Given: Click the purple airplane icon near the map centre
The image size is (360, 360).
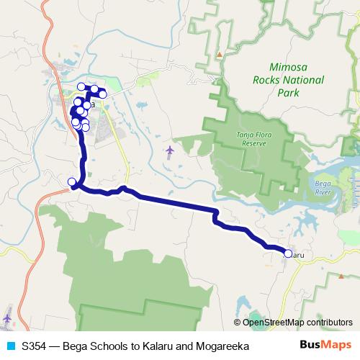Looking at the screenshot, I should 170,150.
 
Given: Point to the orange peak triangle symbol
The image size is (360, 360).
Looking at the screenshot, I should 219,55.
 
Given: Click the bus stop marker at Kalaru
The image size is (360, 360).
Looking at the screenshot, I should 288,253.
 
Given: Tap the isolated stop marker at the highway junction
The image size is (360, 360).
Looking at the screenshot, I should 71,181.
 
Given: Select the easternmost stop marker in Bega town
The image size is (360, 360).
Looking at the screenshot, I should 103,94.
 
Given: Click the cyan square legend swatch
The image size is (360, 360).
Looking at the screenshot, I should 10,346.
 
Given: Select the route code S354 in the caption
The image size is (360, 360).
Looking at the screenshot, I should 35,346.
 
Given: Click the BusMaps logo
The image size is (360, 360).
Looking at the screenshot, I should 326,346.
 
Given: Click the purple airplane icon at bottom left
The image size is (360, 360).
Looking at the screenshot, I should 7,317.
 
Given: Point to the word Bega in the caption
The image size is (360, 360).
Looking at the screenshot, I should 76,346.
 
